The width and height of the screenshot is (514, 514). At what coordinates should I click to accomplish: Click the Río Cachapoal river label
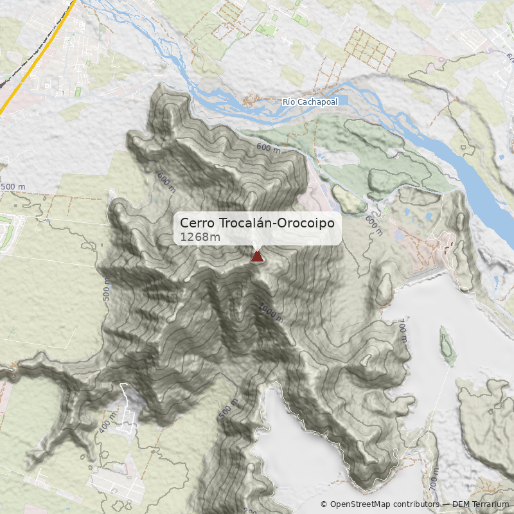[x=310, y=102]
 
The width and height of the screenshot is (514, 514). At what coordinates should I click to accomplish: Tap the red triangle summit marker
[x=257, y=257]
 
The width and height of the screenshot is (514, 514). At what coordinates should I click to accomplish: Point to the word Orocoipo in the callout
[x=310, y=223]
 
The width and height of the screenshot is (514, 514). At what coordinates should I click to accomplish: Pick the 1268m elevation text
[x=200, y=237]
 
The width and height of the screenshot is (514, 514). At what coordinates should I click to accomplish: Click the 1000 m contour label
[x=270, y=313]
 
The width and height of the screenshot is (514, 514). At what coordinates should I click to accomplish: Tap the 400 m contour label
[x=108, y=423]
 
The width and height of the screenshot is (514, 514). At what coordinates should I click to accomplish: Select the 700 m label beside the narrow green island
[x=403, y=329]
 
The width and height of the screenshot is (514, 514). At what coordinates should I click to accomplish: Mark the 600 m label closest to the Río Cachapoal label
[x=269, y=148]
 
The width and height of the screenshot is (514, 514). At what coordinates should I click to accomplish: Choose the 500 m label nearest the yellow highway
[x=13, y=187]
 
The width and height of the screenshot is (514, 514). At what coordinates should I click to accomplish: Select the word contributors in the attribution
[x=413, y=504]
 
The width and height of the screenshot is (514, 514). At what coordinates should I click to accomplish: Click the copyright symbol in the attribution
[x=324, y=504]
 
